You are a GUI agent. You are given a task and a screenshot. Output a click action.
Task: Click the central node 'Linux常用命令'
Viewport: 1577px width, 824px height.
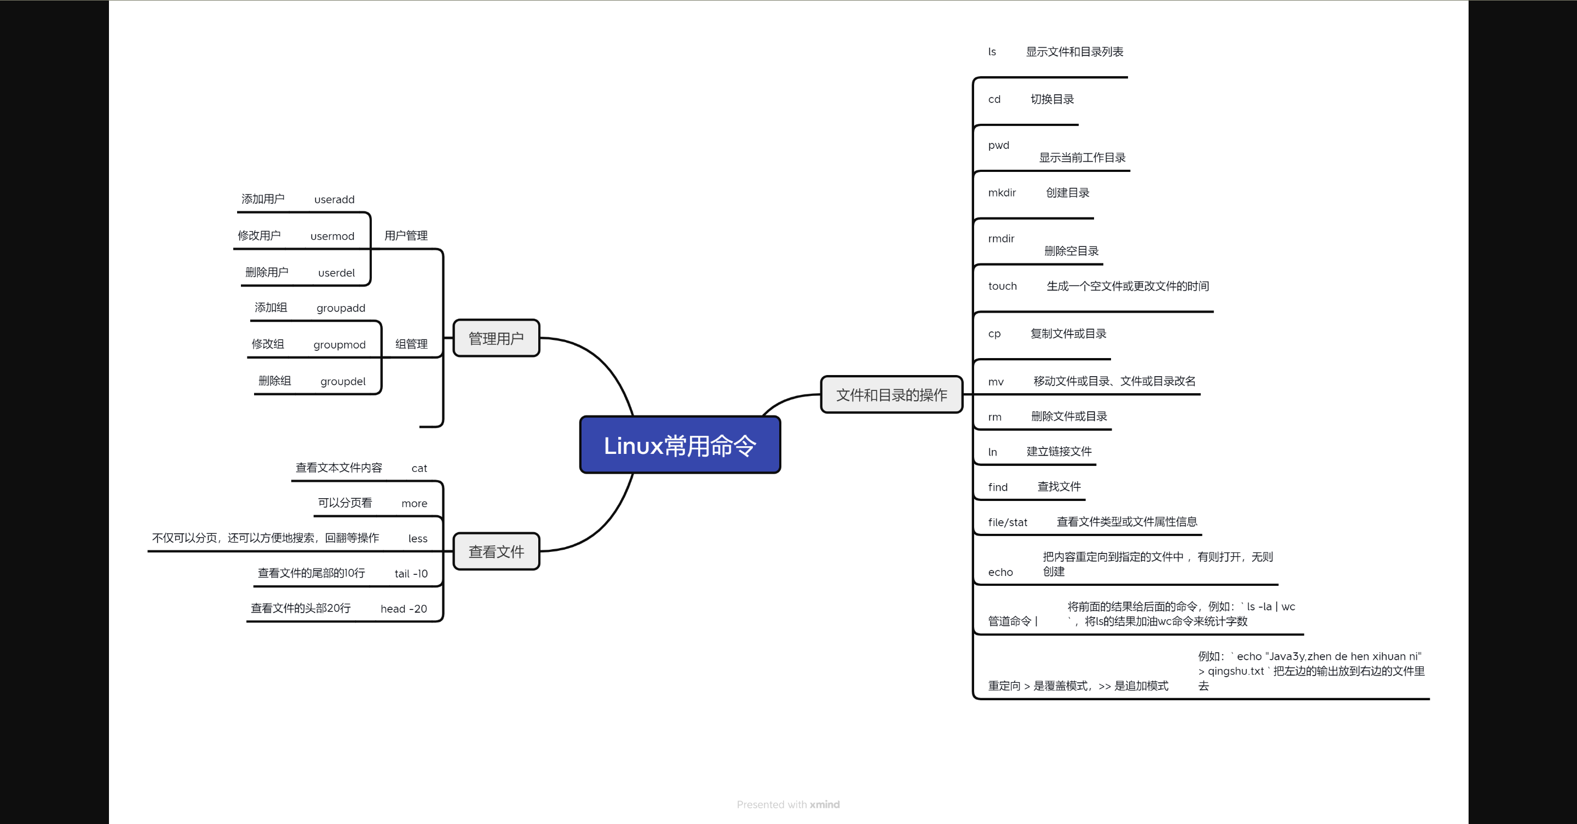pyautogui.click(x=680, y=445)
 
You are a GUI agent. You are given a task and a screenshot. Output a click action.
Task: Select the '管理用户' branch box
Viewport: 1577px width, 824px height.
pyautogui.click(x=496, y=338)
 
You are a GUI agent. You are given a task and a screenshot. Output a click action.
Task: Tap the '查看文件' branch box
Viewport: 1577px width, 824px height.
pyautogui.click(x=496, y=551)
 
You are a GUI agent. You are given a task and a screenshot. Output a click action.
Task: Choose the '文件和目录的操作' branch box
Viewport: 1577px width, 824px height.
pyautogui.click(x=891, y=395)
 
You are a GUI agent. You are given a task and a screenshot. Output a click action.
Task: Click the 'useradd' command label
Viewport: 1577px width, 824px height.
pyautogui.click(x=334, y=200)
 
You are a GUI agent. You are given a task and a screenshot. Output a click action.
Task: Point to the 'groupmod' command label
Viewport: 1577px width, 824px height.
pyautogui.click(x=339, y=345)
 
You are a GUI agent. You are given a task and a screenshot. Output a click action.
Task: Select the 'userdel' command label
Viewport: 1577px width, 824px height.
pyautogui.click(x=336, y=273)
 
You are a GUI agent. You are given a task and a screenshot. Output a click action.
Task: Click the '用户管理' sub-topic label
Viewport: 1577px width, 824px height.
pyautogui.click(x=406, y=235)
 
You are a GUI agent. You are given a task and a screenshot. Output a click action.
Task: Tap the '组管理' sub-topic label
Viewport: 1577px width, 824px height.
pyautogui.click(x=411, y=344)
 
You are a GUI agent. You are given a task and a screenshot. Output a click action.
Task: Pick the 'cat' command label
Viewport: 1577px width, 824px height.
pyautogui.click(x=419, y=468)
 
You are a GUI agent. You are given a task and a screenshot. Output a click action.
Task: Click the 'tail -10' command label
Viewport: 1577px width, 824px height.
pyautogui.click(x=411, y=574)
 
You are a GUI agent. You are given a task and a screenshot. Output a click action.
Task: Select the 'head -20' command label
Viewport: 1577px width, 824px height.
pyautogui.click(x=404, y=608)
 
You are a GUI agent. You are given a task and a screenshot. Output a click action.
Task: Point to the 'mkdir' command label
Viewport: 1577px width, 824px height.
pyautogui.click(x=1002, y=193)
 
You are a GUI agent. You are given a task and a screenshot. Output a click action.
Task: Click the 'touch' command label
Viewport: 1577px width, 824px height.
pyautogui.click(x=1002, y=286)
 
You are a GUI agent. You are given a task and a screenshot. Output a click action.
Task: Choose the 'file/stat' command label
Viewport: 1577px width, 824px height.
pyautogui.click(x=1007, y=522)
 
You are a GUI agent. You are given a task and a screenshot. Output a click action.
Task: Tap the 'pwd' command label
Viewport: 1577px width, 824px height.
pyautogui.click(x=998, y=145)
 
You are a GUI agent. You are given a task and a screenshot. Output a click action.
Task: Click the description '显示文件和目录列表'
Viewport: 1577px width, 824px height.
pyautogui.click(x=1074, y=52)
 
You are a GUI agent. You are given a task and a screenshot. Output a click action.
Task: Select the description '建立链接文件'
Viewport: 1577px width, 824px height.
pyautogui.click(x=1058, y=451)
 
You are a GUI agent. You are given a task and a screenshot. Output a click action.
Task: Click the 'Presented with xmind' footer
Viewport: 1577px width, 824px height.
pyautogui.click(x=788, y=804)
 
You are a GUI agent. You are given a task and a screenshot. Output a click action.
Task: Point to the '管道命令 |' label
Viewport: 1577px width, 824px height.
pyautogui.click(x=1012, y=621)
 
